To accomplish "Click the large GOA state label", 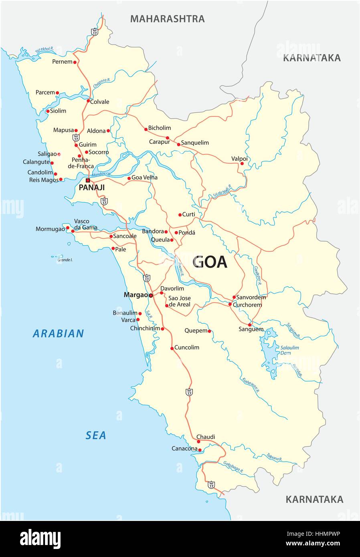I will pyautogui.click(x=210, y=262).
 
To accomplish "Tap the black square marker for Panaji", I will pyautogui.click(x=88, y=180).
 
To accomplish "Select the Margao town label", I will pyautogui.click(x=136, y=295).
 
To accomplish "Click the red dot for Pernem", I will pyautogui.click(x=75, y=62).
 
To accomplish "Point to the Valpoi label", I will pyautogui.click(x=239, y=159).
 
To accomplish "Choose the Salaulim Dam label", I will pyautogui.click(x=289, y=350).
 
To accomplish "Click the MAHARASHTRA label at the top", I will pyautogui.click(x=167, y=19).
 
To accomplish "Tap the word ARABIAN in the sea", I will pyautogui.click(x=59, y=333).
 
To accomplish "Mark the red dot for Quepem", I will pyautogui.click(x=209, y=331).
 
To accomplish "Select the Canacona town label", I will pyautogui.click(x=184, y=448).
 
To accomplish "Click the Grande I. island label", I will pyautogui.click(x=65, y=260).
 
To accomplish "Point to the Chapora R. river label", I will pyautogui.click(x=101, y=83).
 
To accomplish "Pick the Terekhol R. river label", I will pyautogui.click(x=44, y=50).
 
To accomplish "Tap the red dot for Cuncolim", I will pyautogui.click(x=172, y=348).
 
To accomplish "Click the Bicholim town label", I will pyautogui.click(x=160, y=128).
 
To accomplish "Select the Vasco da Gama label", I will pyautogui.click(x=85, y=224).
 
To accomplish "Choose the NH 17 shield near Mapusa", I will pyautogui.click(x=76, y=137).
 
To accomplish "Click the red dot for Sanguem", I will pyautogui.click(x=249, y=325).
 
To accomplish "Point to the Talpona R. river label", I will pyautogui.click(x=275, y=456).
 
